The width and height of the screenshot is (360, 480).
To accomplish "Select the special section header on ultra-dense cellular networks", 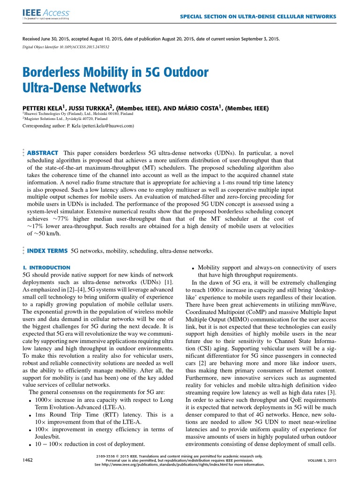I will tap(258, 16).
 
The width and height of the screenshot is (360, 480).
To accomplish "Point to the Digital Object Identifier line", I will tap(66, 47).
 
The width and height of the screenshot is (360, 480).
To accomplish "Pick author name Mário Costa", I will tap(199, 108).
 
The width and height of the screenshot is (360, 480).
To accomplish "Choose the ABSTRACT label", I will tap(43, 153).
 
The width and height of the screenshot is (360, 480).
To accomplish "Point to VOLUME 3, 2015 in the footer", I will tap(322, 461).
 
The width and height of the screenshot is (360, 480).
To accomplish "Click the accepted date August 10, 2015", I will tap(111, 39).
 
